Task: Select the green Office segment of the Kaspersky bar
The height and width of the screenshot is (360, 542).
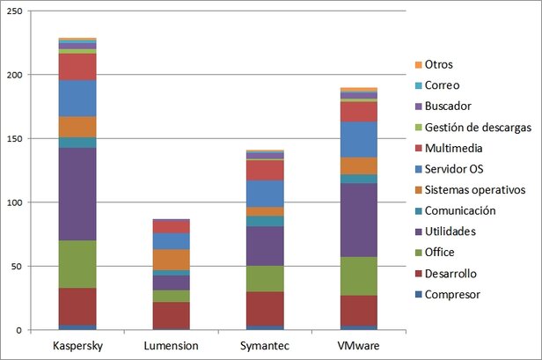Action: (x=77, y=264)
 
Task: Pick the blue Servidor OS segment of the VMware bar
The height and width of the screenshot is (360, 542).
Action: (x=358, y=139)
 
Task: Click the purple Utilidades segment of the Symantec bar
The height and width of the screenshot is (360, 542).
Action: (x=264, y=246)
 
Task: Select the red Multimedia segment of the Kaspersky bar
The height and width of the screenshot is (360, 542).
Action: (x=77, y=67)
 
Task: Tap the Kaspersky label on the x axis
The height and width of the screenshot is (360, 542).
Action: (x=77, y=346)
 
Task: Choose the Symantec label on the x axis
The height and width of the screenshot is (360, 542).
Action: (x=264, y=346)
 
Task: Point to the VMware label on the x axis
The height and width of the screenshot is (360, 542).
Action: (x=358, y=346)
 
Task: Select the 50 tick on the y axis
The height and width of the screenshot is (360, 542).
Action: (x=18, y=266)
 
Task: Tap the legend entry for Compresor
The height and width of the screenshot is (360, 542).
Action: (x=452, y=294)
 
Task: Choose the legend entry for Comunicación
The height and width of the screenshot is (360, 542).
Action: (x=460, y=210)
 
